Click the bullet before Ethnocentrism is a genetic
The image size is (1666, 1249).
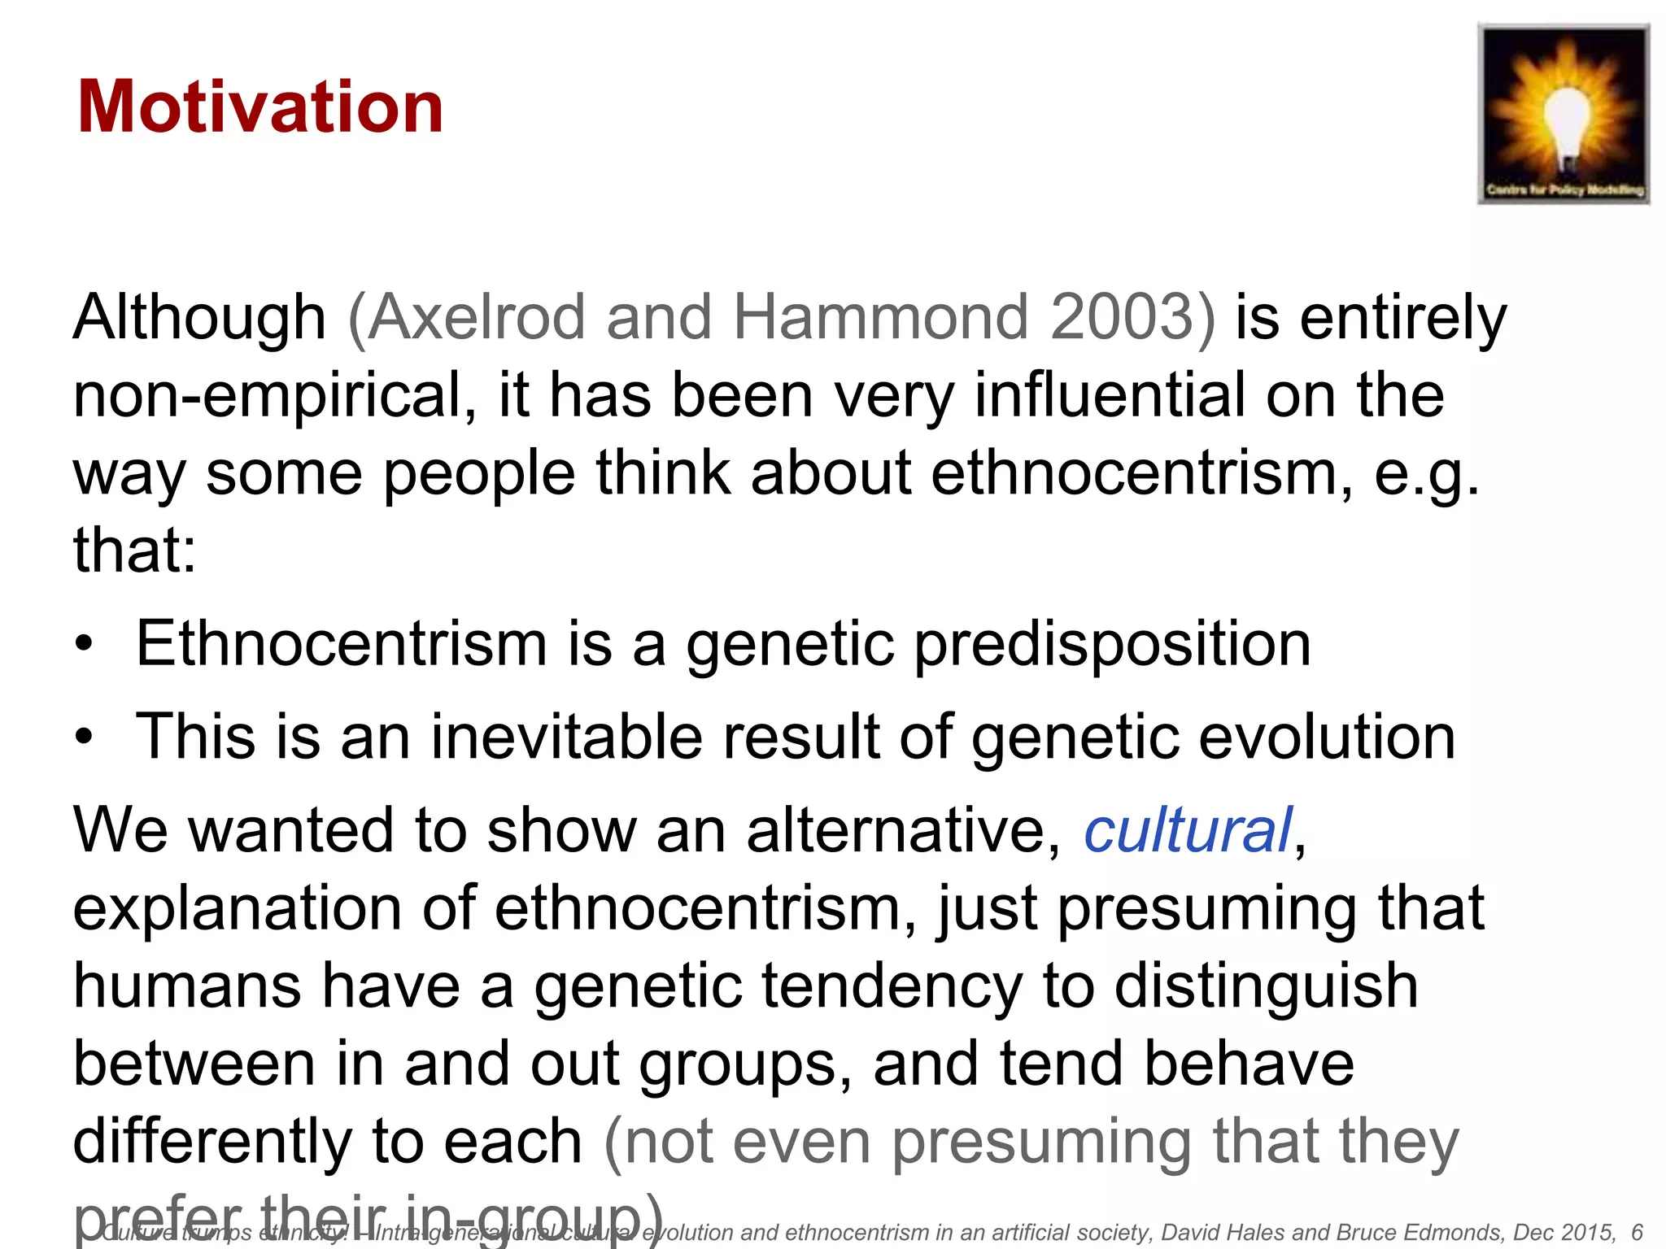point(84,645)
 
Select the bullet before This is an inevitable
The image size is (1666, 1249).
point(84,738)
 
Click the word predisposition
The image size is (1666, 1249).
point(1112,645)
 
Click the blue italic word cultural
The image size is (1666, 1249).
point(1188,830)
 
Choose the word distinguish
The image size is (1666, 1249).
point(1266,986)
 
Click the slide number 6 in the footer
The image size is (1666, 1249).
point(1637,1233)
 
